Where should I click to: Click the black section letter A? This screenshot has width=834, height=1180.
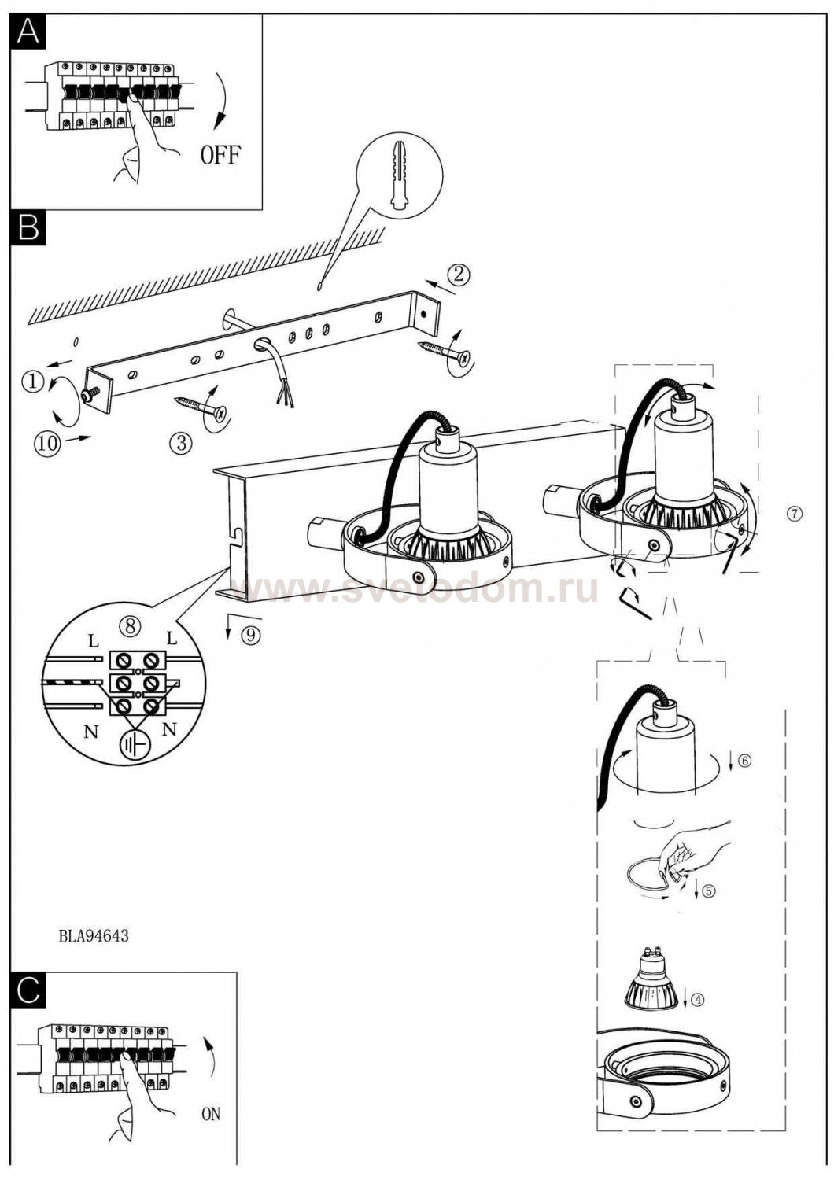(28, 32)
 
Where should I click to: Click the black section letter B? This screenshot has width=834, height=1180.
(28, 228)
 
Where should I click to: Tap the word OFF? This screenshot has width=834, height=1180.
(220, 155)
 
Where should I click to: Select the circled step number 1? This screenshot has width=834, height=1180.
(33, 382)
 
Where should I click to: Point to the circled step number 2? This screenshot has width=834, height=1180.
(459, 274)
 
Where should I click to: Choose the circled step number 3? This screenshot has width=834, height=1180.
(181, 443)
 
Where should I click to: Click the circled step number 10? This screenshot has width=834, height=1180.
(48, 442)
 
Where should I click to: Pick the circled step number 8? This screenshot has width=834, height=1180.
(130, 627)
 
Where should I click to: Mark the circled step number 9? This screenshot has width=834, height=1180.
(251, 636)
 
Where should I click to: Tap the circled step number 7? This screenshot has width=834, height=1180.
(795, 513)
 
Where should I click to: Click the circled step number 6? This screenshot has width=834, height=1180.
(744, 761)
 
